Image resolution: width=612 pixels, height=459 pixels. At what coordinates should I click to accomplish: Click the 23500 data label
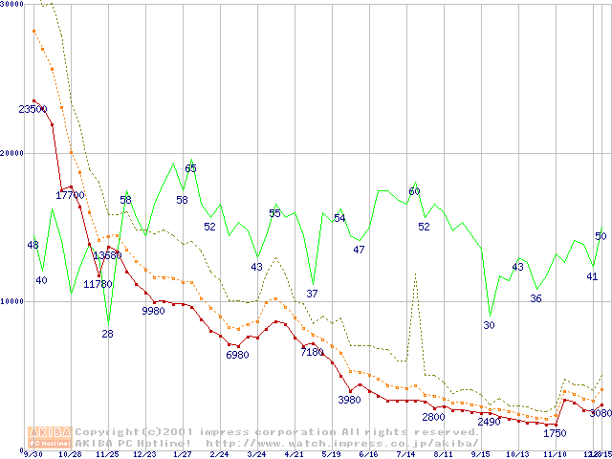pos(33,109)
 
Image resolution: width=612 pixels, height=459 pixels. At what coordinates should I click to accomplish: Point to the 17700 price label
pos(70,195)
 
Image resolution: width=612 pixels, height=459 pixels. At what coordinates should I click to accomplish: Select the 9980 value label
pos(153,311)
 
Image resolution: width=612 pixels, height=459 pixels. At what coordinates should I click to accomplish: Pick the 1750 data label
pos(555,433)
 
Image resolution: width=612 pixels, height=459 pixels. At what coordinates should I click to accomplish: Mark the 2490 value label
pos(489,422)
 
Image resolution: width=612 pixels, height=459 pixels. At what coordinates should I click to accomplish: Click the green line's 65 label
pos(191,168)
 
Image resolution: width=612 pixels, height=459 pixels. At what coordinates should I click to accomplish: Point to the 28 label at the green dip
pos(107,334)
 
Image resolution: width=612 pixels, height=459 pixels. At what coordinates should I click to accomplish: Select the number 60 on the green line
pos(414,191)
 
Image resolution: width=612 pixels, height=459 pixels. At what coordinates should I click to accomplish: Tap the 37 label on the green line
pos(312,293)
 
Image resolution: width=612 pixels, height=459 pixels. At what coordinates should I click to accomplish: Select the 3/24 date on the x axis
pos(256,454)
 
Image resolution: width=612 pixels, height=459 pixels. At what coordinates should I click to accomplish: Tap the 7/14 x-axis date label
pos(405,454)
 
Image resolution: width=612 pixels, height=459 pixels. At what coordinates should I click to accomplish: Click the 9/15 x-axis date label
pos(480,454)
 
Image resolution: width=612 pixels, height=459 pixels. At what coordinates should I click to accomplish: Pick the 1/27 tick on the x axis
pos(182,454)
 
